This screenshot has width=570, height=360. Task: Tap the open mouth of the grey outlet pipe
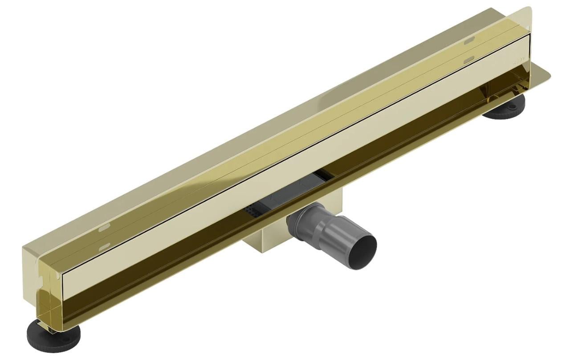tap(361, 252)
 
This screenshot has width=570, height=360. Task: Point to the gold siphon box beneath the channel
tap(263, 243)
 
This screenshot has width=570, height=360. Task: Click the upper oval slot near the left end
tap(103, 228)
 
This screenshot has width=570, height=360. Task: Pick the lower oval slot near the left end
tap(104, 247)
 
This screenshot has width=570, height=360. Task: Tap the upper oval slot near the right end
tap(468, 41)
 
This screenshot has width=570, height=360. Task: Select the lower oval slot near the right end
tap(468, 59)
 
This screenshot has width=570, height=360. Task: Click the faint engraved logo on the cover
tap(519, 59)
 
